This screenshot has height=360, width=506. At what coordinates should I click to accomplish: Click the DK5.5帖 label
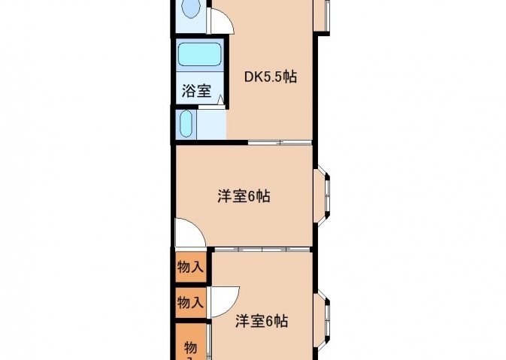pyautogui.click(x=271, y=77)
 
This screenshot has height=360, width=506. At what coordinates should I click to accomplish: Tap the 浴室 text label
pyautogui.click(x=196, y=91)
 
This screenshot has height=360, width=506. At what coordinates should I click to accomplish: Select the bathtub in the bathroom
pyautogui.click(x=200, y=54)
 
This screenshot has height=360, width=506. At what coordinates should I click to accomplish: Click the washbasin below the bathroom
pyautogui.click(x=186, y=124)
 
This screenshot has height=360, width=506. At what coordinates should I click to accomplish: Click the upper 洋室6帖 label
pyautogui.click(x=244, y=196)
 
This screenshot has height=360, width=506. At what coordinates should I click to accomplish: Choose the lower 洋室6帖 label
pyautogui.click(x=262, y=321)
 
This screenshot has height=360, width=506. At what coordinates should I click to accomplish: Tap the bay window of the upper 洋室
pyautogui.click(x=323, y=195)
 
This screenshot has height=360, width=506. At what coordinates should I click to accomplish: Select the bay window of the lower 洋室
pyautogui.click(x=323, y=320)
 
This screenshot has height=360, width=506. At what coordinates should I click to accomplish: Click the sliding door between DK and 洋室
pyautogui.click(x=280, y=142)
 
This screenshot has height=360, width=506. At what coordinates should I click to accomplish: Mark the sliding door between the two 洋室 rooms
pyautogui.click(x=262, y=249)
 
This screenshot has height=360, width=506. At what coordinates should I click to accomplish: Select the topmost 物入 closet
pyautogui.click(x=191, y=267)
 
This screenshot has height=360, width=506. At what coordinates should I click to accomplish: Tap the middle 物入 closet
pyautogui.click(x=191, y=302)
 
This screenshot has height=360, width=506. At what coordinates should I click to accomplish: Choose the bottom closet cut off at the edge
pyautogui.click(x=191, y=342)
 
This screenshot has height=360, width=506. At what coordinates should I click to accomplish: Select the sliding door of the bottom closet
pyautogui.click(x=208, y=342)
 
